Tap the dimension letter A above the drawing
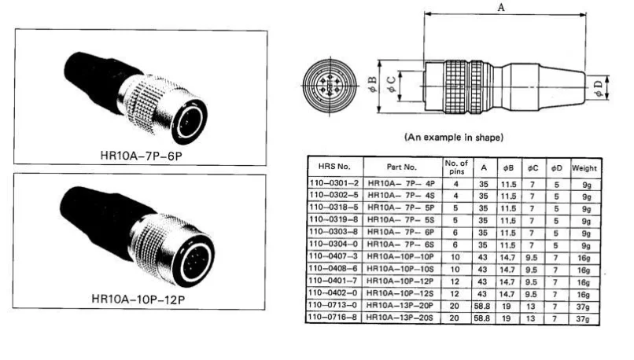tap(501, 7)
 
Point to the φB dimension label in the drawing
tap(373, 82)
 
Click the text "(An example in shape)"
tap(453, 138)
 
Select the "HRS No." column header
tap(334, 167)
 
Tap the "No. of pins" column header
tap(456, 167)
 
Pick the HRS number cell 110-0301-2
tap(334, 182)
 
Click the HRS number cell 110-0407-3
tap(334, 255)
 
